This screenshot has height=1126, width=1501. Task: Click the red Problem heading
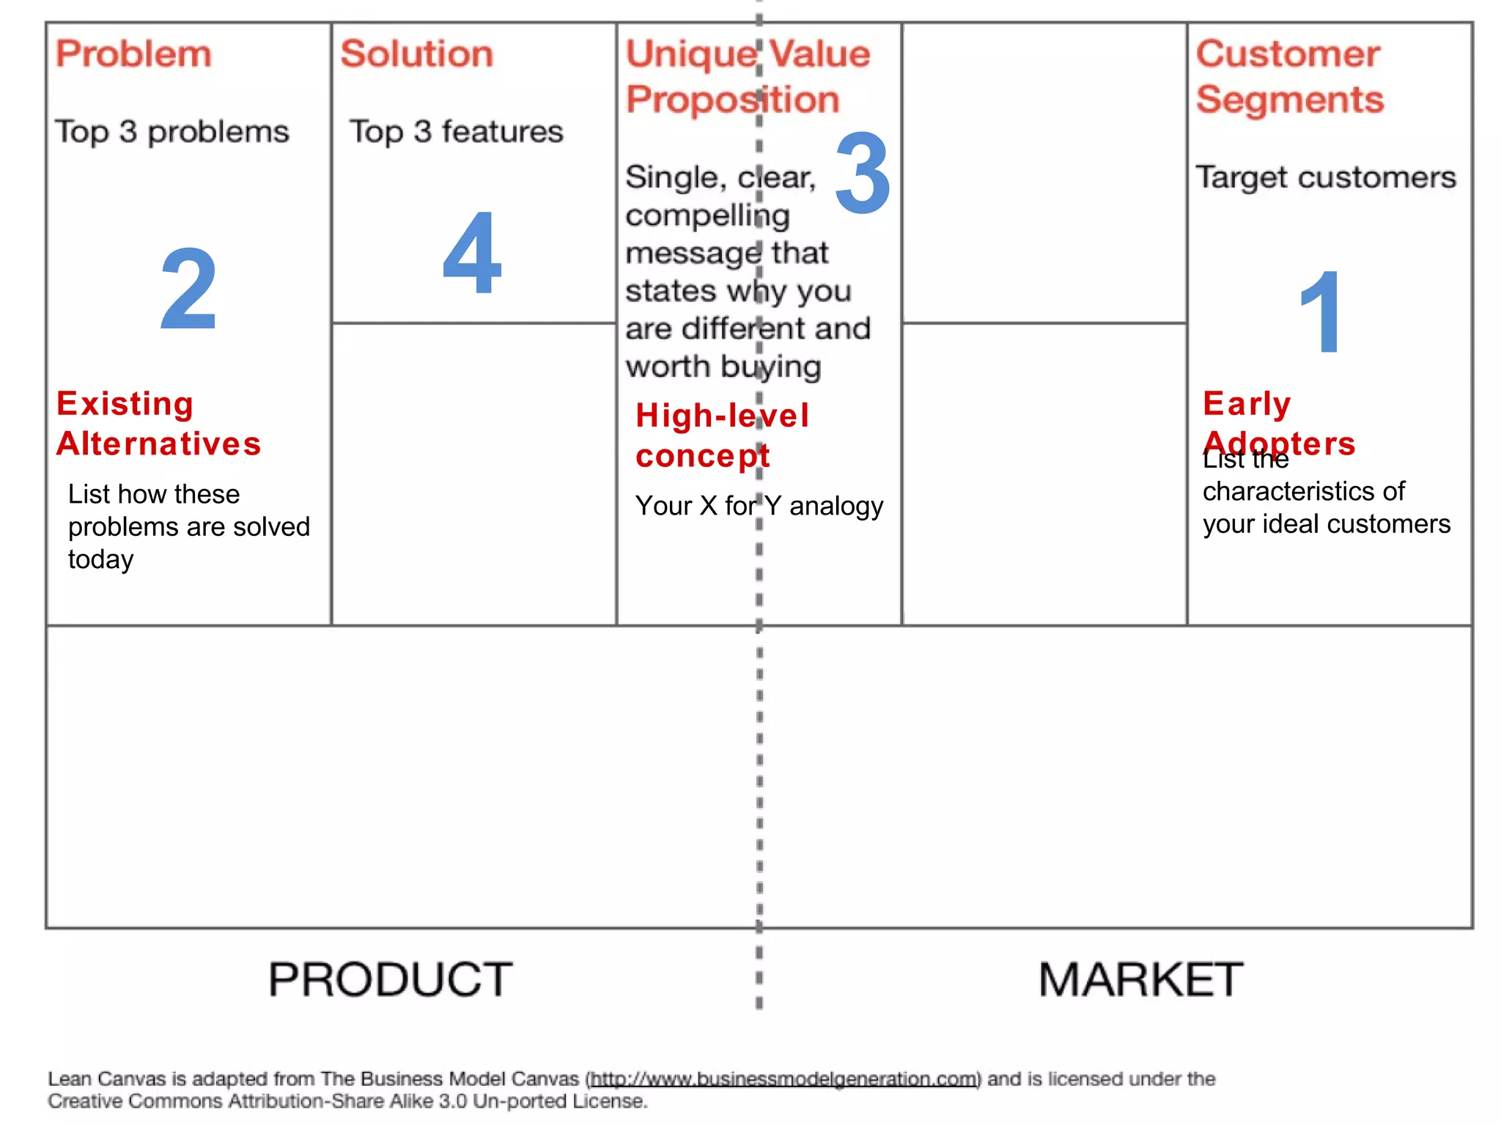[133, 54]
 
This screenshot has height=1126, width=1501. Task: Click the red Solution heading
[417, 54]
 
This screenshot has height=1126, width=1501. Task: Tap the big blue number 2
[188, 289]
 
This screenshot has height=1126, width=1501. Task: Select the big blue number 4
[472, 253]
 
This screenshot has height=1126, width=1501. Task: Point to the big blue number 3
[863, 174]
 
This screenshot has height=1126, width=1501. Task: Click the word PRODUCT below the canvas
[390, 979]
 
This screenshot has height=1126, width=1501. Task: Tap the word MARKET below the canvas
[1140, 979]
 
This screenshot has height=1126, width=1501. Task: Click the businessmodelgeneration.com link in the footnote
[783, 1079]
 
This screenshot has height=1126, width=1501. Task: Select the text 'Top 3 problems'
[172, 132]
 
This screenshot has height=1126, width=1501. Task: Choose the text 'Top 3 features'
[456, 132]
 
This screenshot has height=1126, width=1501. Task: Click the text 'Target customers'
[1326, 177]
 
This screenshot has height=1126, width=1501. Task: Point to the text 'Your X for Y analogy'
[759, 506]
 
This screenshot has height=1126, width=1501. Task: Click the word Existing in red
[125, 404]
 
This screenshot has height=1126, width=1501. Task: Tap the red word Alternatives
[159, 444]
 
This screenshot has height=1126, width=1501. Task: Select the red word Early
[1247, 404]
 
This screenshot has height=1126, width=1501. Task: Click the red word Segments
[1290, 100]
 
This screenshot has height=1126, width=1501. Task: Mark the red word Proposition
[732, 100]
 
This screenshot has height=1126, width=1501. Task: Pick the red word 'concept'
[703, 457]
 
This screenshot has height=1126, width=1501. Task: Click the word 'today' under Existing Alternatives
[101, 560]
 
